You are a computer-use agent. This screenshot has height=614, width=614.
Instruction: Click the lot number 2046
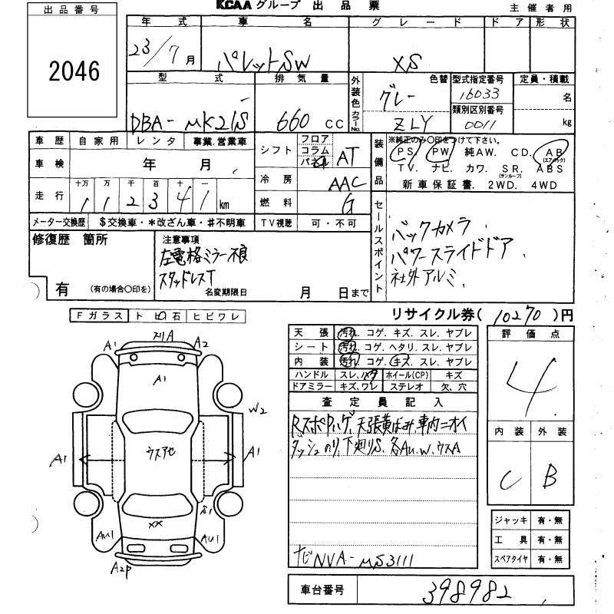(x=74, y=71)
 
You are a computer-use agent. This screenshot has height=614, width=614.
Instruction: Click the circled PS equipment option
(x=401, y=153)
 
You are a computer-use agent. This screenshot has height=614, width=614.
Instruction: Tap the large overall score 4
(x=530, y=380)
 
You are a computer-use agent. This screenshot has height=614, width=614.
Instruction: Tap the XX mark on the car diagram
(x=156, y=524)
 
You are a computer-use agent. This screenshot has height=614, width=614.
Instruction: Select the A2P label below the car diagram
(x=120, y=569)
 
